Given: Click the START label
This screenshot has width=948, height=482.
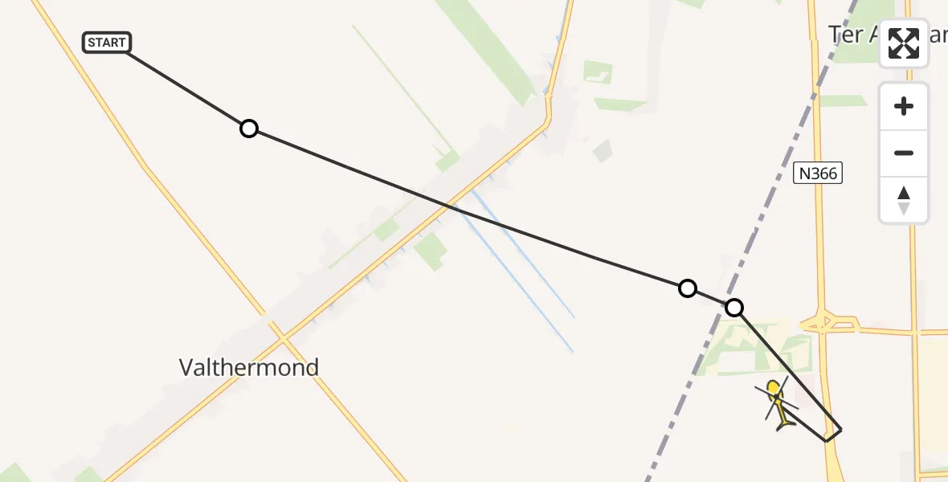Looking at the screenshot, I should tap(107, 43).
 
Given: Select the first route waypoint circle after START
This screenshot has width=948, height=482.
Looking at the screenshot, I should tap(249, 129).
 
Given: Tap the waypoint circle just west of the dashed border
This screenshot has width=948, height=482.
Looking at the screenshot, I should tap(688, 288).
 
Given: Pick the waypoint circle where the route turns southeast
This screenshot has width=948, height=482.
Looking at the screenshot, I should tap(734, 308).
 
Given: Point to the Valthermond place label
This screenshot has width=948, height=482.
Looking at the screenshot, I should tap(249, 368).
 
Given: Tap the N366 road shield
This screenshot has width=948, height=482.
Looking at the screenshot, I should tap(819, 173).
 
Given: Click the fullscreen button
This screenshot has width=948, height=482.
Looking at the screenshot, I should tap(904, 43).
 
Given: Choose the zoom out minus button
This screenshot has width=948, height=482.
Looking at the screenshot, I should tap(904, 153).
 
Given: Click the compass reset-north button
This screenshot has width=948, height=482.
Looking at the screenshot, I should tap(904, 200).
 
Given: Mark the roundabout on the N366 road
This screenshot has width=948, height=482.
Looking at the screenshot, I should tap(821, 323).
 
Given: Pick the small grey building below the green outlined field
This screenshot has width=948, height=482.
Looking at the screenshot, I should tap(603, 150).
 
